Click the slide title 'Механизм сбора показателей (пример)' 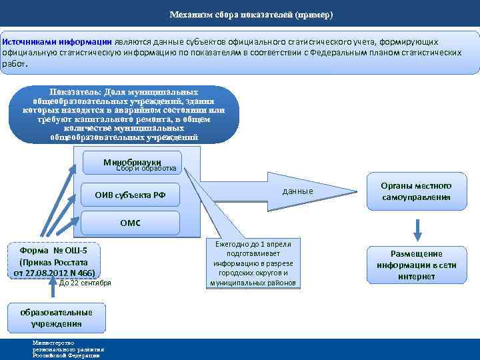(251, 14)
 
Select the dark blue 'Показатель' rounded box (123, 114)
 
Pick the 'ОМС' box (130, 223)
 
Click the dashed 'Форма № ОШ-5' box (53, 261)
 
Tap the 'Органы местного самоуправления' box (416, 192)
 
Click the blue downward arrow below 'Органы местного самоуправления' (417, 228)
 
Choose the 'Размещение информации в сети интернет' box (416, 265)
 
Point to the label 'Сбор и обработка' (146, 169)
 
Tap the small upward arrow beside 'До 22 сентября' (53, 285)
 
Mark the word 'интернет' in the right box (416, 276)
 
